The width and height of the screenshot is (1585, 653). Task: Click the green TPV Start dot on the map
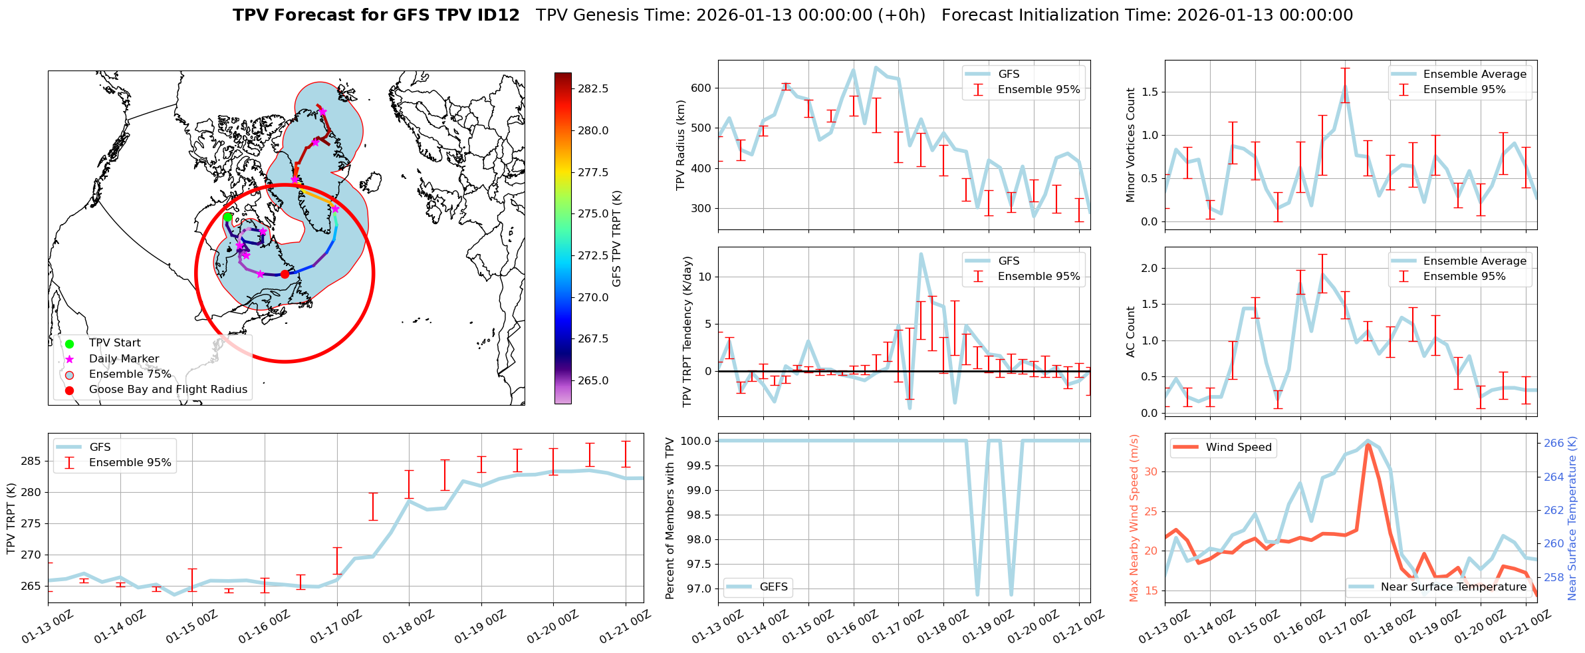coord(227,217)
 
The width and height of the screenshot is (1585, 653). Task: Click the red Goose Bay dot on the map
coord(285,274)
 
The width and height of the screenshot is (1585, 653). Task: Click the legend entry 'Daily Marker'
coord(124,359)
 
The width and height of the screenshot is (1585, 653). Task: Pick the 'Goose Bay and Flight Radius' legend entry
coord(168,390)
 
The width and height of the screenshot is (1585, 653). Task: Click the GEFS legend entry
coord(773,587)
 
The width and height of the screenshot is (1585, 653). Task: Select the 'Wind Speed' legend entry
coord(1239,448)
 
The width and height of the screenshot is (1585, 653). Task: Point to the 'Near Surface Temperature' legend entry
coord(1453,587)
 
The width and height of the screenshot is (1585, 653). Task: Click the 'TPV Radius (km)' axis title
coord(680,145)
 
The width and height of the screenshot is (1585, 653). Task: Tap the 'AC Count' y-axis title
coord(1131,332)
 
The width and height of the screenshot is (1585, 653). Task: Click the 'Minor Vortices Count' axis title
coord(1131,145)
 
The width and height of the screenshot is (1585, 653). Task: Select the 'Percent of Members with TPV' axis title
coord(670,518)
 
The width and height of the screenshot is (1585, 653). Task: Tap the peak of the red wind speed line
coord(1368,444)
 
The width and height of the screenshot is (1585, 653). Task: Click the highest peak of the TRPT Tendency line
coord(921,254)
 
